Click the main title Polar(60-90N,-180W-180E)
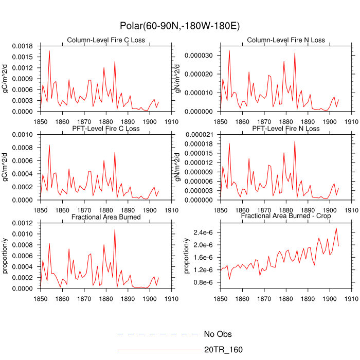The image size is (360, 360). [x=179, y=25]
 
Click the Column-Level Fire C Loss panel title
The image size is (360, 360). [x=106, y=40]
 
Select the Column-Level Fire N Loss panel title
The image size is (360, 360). [x=286, y=40]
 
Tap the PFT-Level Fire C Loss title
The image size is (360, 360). [x=106, y=129]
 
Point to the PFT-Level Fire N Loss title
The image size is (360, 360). [x=286, y=129]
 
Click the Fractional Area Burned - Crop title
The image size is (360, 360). [x=286, y=217]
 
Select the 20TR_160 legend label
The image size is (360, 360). [x=223, y=350]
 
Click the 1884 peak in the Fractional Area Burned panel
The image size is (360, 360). [x=115, y=229]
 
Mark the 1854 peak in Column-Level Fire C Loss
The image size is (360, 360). [x=49, y=50]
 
